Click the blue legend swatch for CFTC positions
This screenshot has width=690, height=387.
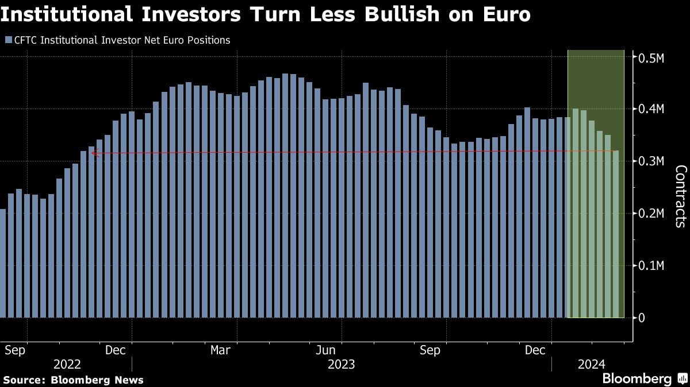(7, 40)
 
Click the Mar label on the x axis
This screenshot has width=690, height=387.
(220, 350)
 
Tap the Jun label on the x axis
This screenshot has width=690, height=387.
(326, 350)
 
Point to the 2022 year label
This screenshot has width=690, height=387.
(67, 364)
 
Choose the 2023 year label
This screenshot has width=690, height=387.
(341, 364)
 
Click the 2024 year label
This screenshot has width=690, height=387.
(592, 364)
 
